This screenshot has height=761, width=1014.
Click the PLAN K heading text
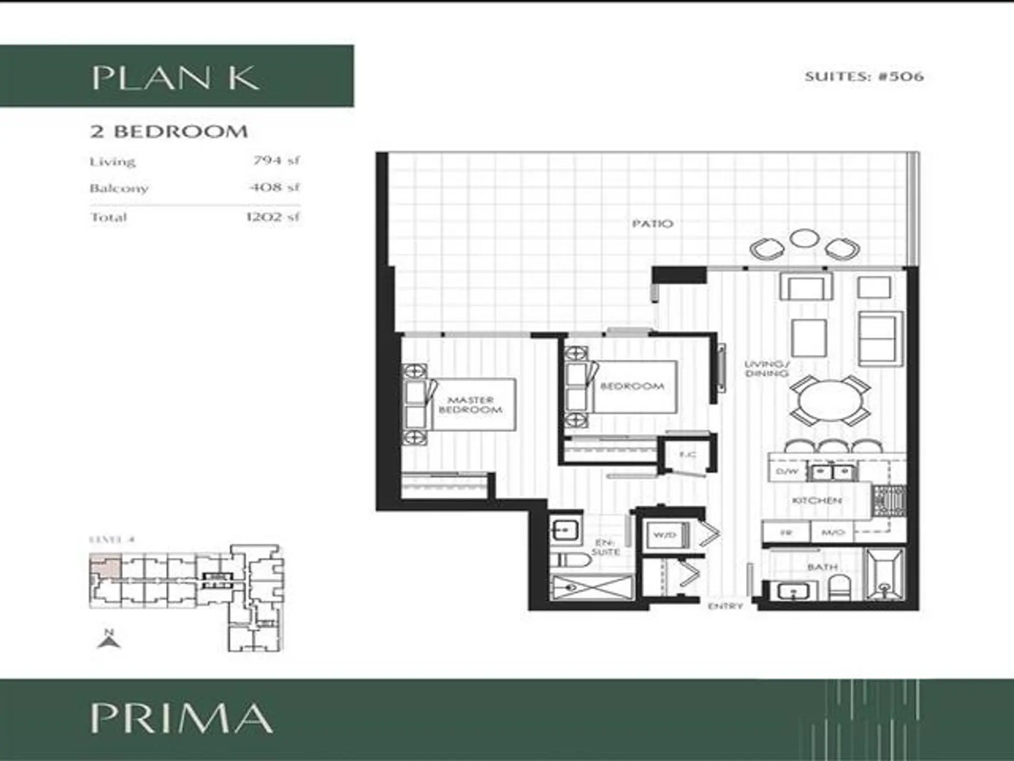(x=175, y=78)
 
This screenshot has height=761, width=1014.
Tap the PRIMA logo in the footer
(x=181, y=718)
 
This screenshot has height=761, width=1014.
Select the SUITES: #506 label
(x=864, y=77)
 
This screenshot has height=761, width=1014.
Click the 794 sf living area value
(x=276, y=160)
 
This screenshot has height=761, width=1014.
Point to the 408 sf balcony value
(x=275, y=188)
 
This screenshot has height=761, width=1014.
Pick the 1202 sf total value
(x=273, y=217)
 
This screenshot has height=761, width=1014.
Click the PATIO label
(x=653, y=224)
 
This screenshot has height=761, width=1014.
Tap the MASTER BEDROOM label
(x=470, y=405)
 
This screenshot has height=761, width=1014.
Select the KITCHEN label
(x=816, y=500)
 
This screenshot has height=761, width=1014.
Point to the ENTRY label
(x=725, y=606)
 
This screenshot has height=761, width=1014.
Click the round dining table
(x=830, y=400)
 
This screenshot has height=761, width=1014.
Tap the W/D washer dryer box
(x=665, y=535)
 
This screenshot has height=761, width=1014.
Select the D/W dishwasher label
(x=786, y=471)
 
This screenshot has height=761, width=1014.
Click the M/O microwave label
(x=833, y=532)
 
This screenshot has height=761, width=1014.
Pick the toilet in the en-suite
(x=570, y=561)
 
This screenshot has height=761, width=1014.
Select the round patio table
(x=804, y=238)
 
